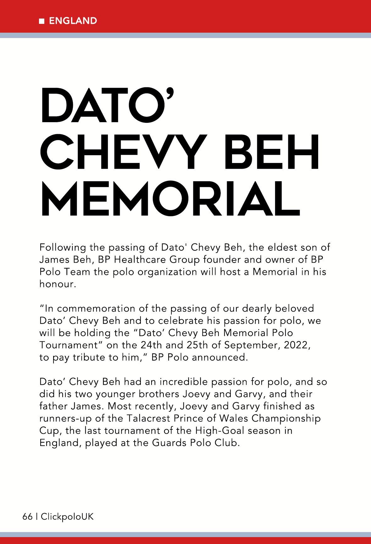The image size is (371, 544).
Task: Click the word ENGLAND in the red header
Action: coord(73,21)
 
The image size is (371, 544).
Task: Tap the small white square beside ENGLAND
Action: coord(42,21)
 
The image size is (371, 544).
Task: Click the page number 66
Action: coord(27,516)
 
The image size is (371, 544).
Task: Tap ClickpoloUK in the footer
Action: coord(67,516)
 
